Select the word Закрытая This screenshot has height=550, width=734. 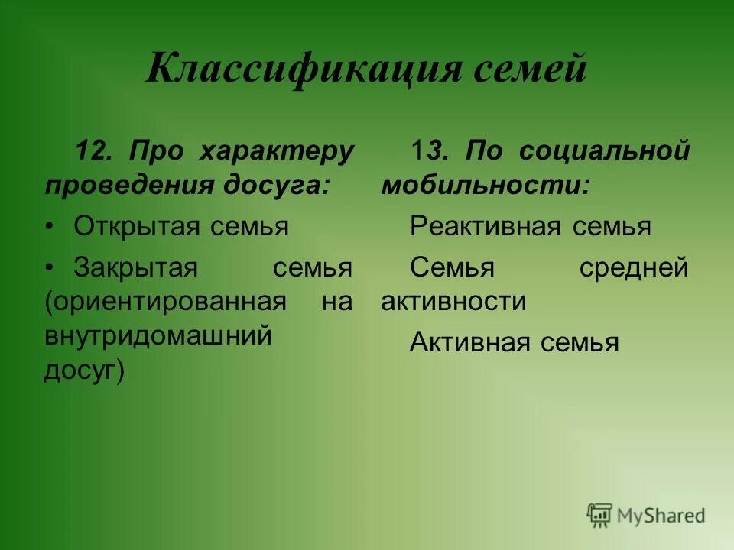point(136,268)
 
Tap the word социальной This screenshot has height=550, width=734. point(604,151)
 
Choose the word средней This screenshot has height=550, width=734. point(634,268)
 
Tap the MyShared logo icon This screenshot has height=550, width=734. point(599,515)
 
